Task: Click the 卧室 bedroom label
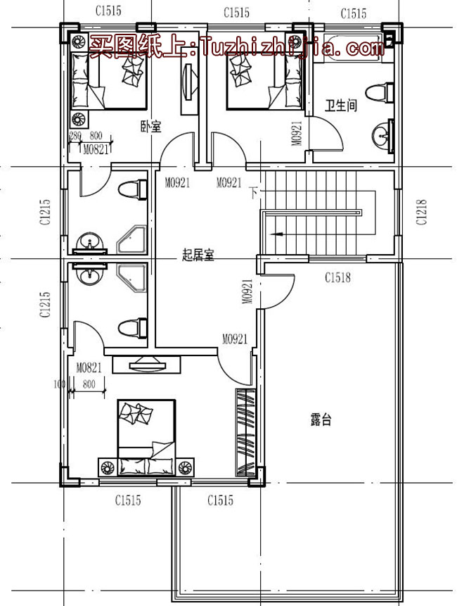150,127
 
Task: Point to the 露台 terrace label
321,421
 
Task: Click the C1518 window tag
337,278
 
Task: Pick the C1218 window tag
421,211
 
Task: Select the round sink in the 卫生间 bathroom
383,135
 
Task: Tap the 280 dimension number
75,136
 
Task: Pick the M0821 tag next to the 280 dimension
96,149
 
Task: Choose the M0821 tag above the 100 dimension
90,367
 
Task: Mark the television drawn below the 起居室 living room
146,364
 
